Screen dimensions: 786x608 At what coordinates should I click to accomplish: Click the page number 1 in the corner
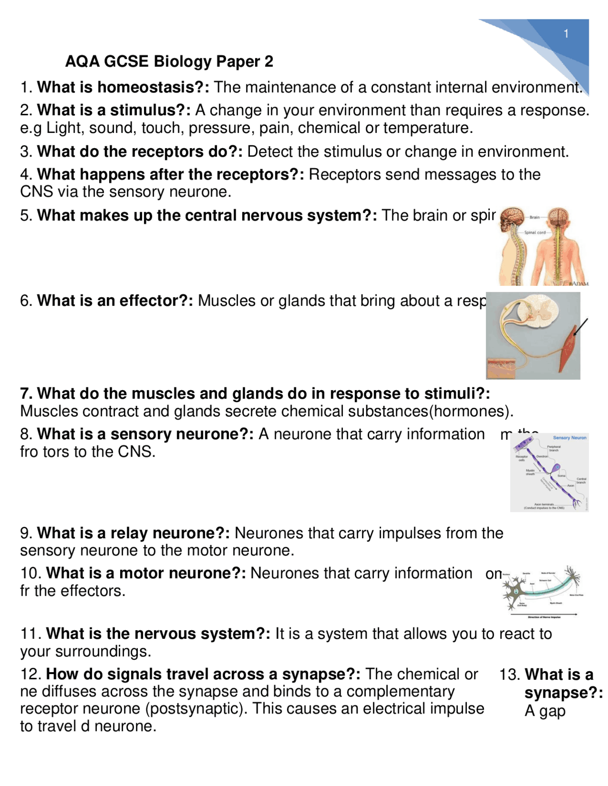[566, 34]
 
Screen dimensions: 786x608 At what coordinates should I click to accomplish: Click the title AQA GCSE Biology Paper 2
[169, 61]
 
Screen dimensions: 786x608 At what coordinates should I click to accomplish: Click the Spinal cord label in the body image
[535, 233]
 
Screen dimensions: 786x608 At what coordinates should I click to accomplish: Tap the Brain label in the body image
[534, 217]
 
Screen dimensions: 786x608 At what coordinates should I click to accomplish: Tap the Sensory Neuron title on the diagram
[569, 438]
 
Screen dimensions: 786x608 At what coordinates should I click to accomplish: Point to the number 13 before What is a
[508, 674]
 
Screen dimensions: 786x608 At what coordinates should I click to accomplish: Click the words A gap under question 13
[545, 711]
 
